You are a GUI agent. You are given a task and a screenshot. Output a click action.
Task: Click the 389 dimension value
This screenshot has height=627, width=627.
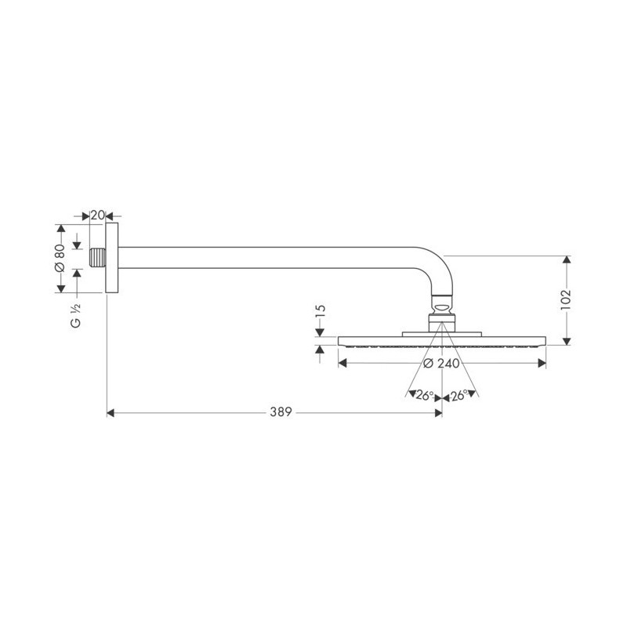pos(281,412)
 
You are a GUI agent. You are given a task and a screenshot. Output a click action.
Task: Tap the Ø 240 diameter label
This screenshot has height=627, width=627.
pos(441,364)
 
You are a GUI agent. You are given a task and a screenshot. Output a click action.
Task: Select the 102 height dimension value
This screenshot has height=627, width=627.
pos(566,299)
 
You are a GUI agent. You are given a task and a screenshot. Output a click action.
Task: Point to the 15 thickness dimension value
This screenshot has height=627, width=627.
pos(321,311)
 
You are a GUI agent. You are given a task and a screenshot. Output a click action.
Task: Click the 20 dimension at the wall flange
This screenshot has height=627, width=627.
pos(97,216)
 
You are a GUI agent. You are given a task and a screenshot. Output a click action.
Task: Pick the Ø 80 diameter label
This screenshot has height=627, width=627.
pos(60,258)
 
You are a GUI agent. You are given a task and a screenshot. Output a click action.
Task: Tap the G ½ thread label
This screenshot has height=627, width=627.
pos(76,316)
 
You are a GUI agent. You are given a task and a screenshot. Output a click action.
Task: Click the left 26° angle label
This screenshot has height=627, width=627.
pos(425,396)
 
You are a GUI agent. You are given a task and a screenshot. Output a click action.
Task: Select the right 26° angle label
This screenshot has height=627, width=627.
pos(459,396)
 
